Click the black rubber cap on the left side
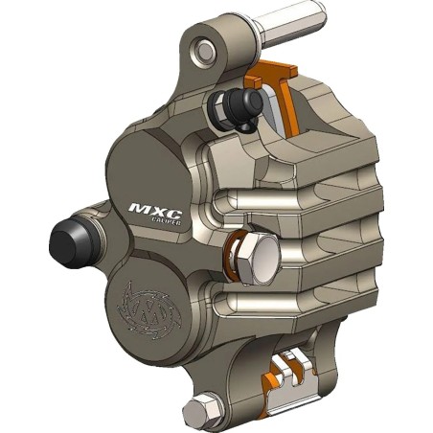click(69, 239)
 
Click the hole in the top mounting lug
click(202, 49)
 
